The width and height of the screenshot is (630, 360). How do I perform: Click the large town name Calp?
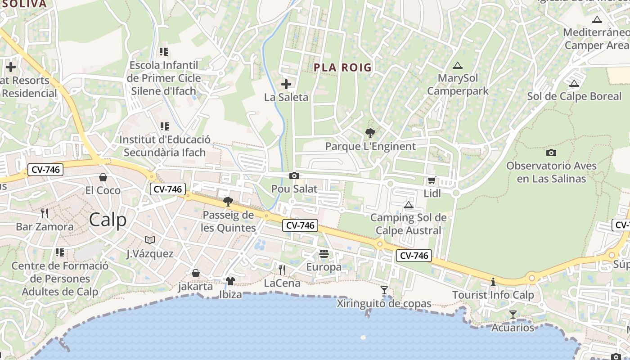tap(108, 220)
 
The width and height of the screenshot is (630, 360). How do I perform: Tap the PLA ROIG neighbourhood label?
tap(342, 67)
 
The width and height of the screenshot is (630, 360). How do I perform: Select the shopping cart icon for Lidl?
tap(432, 180)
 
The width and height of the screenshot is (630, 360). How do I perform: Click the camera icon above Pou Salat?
tap(294, 175)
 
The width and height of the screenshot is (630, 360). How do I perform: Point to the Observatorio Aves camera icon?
tap(551, 153)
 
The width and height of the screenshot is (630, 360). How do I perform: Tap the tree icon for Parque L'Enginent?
tap(370, 133)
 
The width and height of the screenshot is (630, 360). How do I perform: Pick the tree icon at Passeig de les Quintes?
tap(228, 201)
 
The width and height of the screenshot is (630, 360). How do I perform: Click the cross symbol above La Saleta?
tap(286, 84)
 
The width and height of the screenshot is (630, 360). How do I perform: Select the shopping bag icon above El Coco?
tap(103, 177)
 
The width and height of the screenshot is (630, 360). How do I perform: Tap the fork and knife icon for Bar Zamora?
tap(44, 213)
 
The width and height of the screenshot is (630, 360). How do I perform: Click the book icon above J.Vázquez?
tap(150, 240)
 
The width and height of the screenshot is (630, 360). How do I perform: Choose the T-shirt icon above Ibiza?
tap(230, 281)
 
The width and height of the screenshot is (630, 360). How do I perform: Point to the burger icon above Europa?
tap(324, 254)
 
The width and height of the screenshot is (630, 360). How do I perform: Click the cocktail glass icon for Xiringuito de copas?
tap(384, 290)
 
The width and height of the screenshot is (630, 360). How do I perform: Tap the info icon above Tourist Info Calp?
tap(493, 282)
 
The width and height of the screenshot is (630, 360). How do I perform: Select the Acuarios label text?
tap(513, 328)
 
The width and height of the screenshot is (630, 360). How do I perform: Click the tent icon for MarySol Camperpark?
tap(458, 65)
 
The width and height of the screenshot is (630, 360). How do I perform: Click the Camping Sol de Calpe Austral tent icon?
tap(409, 205)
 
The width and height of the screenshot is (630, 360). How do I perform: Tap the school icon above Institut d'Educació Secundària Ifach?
tap(164, 126)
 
